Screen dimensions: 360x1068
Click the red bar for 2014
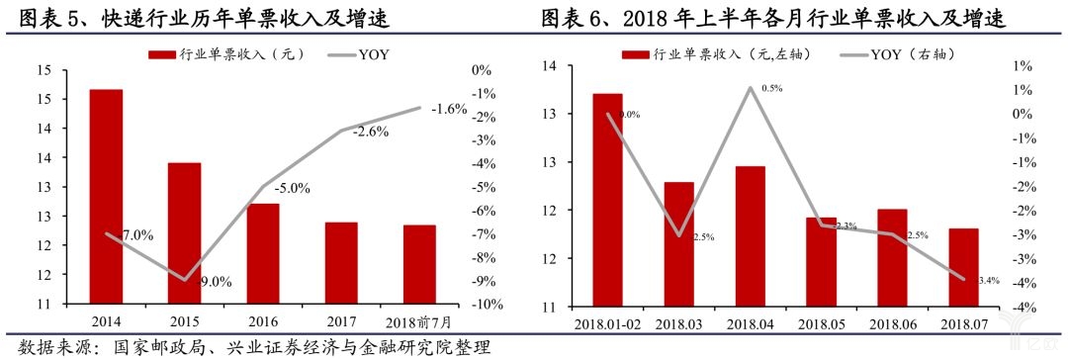tap(106, 197)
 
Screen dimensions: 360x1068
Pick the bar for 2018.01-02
tap(607, 200)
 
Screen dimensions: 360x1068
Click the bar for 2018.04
tap(750, 236)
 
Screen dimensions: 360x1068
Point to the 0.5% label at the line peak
tap(772, 89)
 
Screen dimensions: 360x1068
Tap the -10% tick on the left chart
tap(482, 305)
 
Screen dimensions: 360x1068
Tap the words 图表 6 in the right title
tap(573, 18)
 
